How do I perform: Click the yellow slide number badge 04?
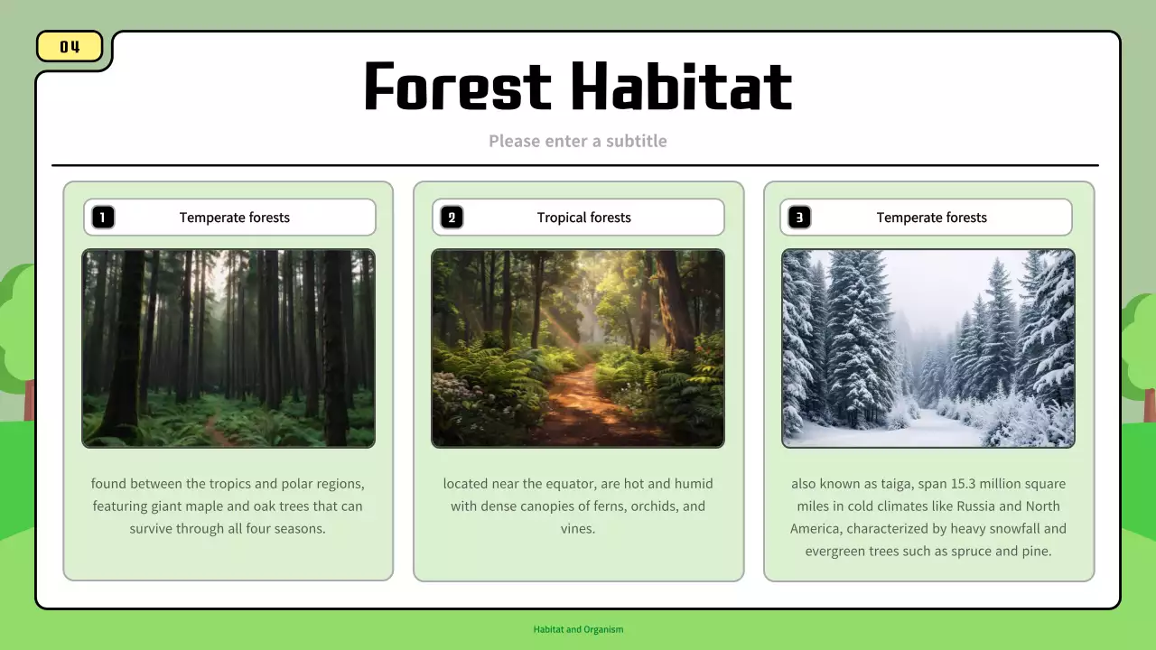coord(70,47)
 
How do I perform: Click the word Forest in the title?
coord(457,87)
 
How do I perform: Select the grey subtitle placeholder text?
coord(578,141)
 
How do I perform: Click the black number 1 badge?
coord(103,218)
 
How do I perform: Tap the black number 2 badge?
coord(452,218)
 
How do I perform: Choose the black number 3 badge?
coord(799,218)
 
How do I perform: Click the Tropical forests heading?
coord(583,218)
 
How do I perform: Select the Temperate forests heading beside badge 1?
coord(235,218)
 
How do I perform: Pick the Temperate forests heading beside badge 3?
coord(931,218)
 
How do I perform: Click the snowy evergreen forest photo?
coord(928,348)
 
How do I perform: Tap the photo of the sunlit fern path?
coord(578,348)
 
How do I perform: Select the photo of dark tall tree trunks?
coord(228,348)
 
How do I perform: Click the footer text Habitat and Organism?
coord(578,629)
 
